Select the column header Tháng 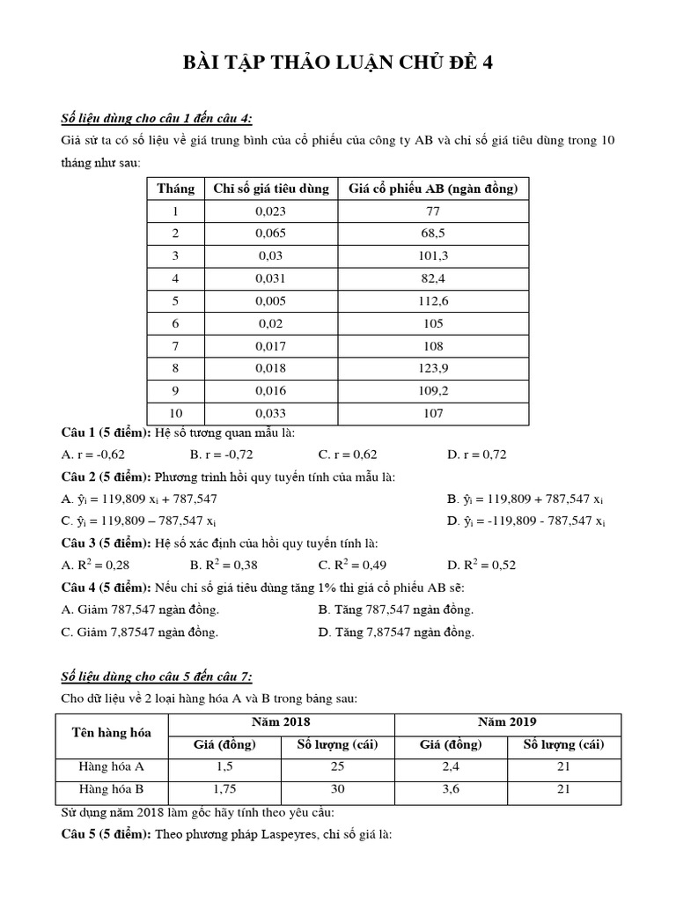[175, 189]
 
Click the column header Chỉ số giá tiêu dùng [271, 189]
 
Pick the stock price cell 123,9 [433, 368]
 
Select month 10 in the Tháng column [175, 413]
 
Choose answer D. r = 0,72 [476, 455]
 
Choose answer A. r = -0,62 [93, 455]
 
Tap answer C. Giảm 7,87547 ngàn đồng [140, 632]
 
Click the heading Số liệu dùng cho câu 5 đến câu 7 [156, 676]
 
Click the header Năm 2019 [507, 721]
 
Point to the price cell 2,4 [451, 766]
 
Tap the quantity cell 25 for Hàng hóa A [337, 766]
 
